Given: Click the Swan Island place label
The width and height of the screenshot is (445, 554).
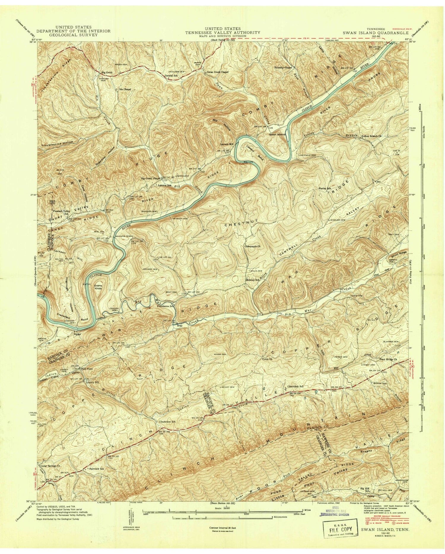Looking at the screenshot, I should (x=277, y=134).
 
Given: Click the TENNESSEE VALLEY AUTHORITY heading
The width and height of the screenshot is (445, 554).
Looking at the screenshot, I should (x=223, y=33).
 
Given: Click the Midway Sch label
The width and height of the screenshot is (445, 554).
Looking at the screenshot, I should (x=253, y=279).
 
